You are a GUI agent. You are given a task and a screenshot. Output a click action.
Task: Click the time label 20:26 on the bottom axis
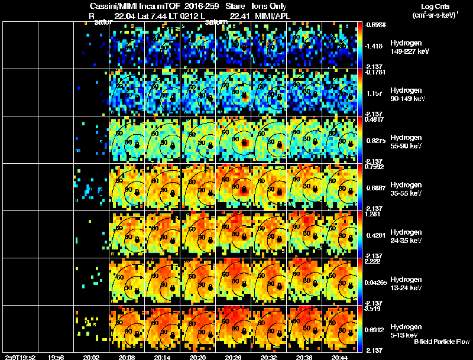pyautogui.click(x=233, y=357)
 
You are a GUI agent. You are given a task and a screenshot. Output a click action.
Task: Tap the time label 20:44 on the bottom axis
pyautogui.click(x=341, y=357)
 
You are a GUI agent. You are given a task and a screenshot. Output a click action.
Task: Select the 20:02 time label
pyautogui.click(x=91, y=357)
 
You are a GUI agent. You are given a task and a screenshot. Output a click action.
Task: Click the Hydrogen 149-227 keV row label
pyautogui.click(x=409, y=47)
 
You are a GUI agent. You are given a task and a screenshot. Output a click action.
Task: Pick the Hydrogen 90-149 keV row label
pyautogui.click(x=408, y=94)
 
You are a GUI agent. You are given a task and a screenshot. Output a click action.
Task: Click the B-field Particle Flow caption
pyautogui.click(x=442, y=342)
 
